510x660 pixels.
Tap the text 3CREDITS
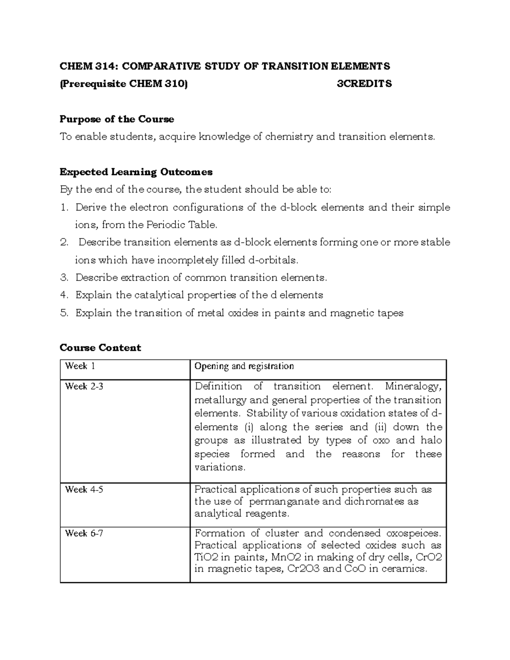coord(364,84)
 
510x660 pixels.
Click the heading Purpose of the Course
coord(117,119)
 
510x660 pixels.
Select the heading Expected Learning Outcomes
coord(136,172)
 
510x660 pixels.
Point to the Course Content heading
coord(100,348)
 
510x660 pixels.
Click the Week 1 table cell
coord(76,366)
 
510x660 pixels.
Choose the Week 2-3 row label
coord(84,387)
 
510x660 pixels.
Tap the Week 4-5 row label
coord(84,490)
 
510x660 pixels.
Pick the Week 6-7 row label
coord(84,533)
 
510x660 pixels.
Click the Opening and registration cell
coord(244,366)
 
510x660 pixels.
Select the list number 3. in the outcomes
coord(65,278)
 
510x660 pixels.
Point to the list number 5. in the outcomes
coord(65,313)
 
